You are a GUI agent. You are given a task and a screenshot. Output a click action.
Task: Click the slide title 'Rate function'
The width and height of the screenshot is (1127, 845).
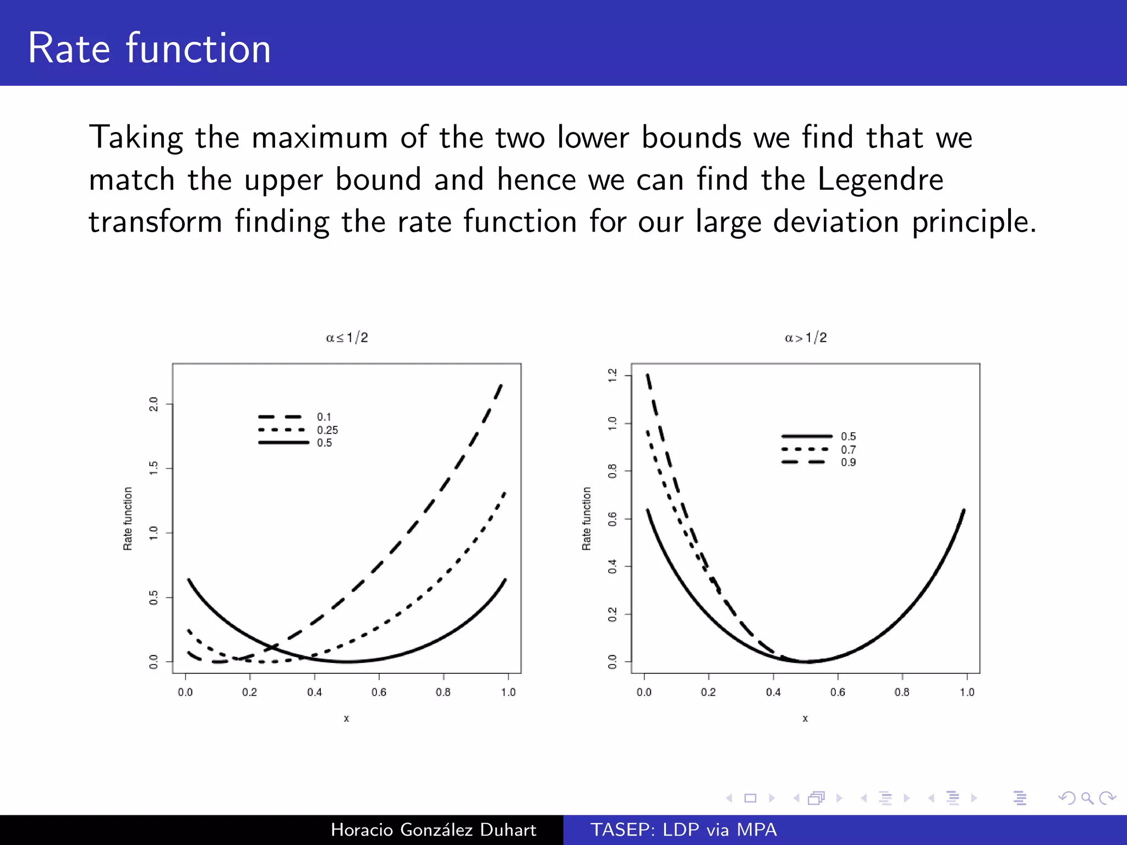[x=149, y=48]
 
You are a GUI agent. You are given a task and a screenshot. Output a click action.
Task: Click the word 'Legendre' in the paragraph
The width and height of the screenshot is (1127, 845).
[x=880, y=180]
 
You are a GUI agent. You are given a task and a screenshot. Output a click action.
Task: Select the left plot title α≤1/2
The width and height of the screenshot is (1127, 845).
[x=347, y=337]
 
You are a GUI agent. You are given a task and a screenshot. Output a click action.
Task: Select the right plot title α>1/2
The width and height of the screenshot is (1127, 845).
[x=806, y=337]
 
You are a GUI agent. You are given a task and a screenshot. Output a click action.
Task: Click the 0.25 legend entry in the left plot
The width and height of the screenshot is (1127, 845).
[x=327, y=430]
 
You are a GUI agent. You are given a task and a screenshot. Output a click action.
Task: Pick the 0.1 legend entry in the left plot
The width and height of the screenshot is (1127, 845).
[x=324, y=417]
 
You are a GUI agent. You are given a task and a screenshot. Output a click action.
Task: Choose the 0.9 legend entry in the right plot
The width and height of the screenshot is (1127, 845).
[x=848, y=463]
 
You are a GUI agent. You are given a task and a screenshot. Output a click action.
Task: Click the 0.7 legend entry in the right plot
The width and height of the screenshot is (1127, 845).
[x=848, y=450]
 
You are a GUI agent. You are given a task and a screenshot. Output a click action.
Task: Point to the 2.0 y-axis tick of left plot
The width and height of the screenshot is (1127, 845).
[x=154, y=404]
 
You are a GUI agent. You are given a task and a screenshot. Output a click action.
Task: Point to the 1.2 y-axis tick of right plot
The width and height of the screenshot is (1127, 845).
[x=612, y=376]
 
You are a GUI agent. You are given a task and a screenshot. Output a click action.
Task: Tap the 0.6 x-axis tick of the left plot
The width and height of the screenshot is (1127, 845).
[x=379, y=692]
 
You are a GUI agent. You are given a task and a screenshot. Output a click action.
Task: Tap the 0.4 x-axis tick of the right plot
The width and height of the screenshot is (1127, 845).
[x=773, y=692]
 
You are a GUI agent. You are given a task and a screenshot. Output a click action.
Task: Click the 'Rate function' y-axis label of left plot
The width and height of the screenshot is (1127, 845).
[x=128, y=518]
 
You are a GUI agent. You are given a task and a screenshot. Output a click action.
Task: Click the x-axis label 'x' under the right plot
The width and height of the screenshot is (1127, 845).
[x=805, y=718]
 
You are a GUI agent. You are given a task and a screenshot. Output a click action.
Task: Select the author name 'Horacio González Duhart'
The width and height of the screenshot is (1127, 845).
[x=433, y=830]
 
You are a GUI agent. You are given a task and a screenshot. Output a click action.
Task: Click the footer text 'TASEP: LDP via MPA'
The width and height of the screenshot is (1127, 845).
[x=683, y=830]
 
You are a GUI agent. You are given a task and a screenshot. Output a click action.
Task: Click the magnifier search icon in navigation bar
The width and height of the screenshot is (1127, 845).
[x=1087, y=798]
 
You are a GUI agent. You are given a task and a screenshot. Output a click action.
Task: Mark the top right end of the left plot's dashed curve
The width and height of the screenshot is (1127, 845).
[x=501, y=385]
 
